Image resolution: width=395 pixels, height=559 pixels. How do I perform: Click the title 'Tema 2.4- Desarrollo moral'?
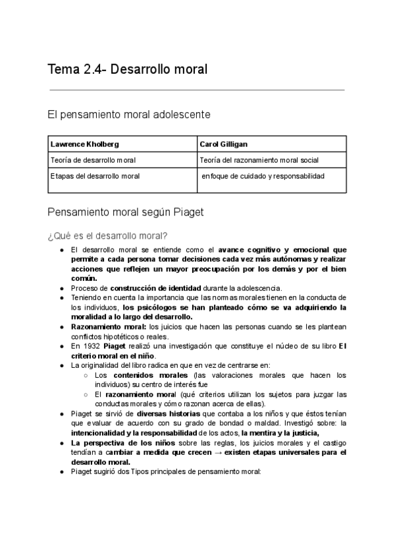[128, 69]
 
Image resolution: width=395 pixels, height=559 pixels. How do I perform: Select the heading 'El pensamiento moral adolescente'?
[129, 115]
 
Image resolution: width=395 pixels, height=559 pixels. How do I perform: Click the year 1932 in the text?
[92, 347]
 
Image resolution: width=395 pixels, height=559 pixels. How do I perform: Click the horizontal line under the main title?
[197, 90]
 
